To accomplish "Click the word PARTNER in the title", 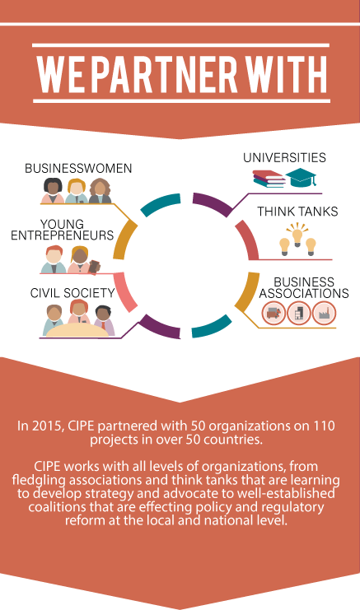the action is [166, 73].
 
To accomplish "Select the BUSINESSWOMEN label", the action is [78, 168].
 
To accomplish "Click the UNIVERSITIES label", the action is [284, 157].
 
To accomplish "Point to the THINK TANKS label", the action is [297, 212].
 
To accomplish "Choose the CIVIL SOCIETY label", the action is [72, 292].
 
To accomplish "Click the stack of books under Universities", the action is [269, 179].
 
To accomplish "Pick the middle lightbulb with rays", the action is [297, 234].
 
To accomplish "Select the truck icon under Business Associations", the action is [274, 313].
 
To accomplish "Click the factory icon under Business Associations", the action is [324, 313].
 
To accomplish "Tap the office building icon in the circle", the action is [299, 313].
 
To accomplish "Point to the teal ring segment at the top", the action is [161, 203].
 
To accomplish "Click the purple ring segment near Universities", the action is [214, 203].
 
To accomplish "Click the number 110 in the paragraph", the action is [324, 426].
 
